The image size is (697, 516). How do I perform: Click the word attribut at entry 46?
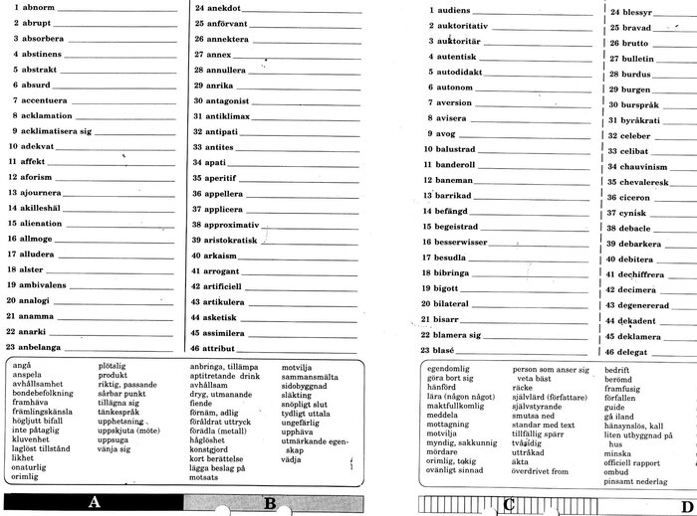[224, 350]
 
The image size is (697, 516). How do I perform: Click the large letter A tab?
[94, 502]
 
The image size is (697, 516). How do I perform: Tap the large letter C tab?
[509, 503]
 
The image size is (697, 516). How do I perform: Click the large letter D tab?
[687, 503]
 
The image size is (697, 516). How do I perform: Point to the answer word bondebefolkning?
[45, 393]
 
